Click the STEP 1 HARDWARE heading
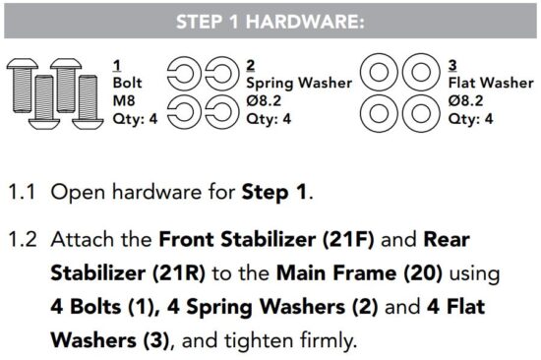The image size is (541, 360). [x=271, y=21]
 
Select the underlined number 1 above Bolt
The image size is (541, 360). [x=117, y=66]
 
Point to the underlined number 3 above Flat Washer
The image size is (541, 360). [x=452, y=66]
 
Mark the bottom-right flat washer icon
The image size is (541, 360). [x=417, y=110]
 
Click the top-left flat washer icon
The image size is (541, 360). [x=378, y=74]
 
